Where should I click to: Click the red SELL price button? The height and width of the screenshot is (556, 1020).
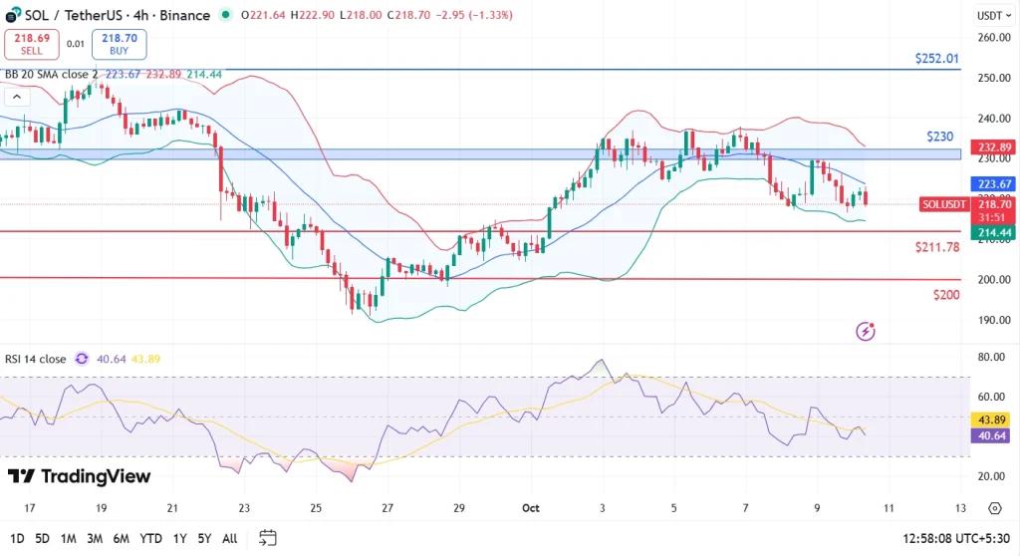(31, 43)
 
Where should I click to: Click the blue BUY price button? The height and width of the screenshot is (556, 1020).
(120, 43)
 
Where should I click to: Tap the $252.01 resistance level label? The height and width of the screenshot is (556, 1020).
(936, 59)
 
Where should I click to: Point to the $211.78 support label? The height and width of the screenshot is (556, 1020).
(936, 246)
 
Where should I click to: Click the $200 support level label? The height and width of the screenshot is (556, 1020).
(946, 295)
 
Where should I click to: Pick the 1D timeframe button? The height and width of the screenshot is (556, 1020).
(16, 538)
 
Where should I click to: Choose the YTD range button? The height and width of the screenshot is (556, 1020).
(151, 538)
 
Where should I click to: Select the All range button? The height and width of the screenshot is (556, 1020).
(229, 538)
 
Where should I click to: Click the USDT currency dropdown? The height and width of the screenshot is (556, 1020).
(990, 15)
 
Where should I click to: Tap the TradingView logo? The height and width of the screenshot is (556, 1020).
(79, 476)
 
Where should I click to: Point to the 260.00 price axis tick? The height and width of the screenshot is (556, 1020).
(994, 38)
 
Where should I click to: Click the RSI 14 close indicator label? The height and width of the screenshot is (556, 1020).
(37, 359)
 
